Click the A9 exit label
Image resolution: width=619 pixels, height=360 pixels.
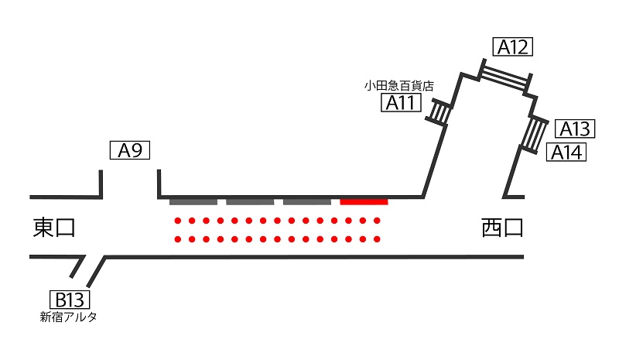pyautogui.click(x=130, y=150)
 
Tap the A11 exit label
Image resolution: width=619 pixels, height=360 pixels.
pyautogui.click(x=401, y=102)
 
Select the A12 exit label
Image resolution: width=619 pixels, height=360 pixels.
pyautogui.click(x=513, y=46)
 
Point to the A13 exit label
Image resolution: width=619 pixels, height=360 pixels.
pyautogui.click(x=575, y=129)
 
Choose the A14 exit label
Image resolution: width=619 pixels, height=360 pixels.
pyautogui.click(x=566, y=152)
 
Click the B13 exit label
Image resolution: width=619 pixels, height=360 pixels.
pyautogui.click(x=70, y=300)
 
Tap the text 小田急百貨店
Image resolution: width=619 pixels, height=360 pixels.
pyautogui.click(x=398, y=86)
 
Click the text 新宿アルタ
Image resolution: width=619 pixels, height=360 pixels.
pyautogui.click(x=68, y=317)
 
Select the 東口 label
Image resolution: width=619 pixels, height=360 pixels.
pyautogui.click(x=53, y=228)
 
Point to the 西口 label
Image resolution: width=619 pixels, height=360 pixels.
pyautogui.click(x=502, y=228)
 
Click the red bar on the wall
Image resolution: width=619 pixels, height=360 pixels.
pyautogui.click(x=364, y=202)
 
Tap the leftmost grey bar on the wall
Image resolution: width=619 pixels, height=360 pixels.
pyautogui.click(x=193, y=202)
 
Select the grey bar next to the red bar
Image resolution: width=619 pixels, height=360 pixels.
pyautogui.click(x=307, y=202)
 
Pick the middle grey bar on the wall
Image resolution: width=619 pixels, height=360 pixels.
pyautogui.click(x=250, y=202)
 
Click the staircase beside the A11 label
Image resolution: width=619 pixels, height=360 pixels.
pyautogui.click(x=438, y=111)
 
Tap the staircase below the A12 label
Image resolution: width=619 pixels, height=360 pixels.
pyautogui.click(x=505, y=77)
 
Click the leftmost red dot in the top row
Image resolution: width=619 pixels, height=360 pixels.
pyautogui.click(x=178, y=221)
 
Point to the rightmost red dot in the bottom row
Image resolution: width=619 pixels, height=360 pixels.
pyautogui.click(x=377, y=239)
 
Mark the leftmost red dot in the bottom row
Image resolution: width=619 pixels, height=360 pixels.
pyautogui.click(x=178, y=239)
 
